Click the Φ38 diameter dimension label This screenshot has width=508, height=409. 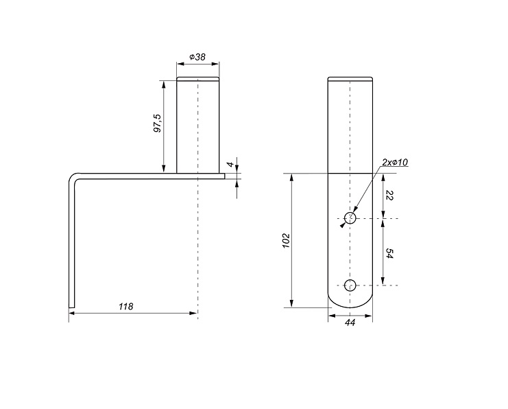(197, 57)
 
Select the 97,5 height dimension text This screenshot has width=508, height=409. (158, 124)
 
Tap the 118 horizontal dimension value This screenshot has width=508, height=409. (125, 307)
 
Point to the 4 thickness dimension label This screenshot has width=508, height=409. (230, 165)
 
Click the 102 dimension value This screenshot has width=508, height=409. (286, 240)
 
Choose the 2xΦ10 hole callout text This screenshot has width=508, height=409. (395, 163)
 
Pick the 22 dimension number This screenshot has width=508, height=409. (390, 196)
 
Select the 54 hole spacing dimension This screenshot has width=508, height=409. (390, 254)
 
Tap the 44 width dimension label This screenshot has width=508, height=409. (350, 323)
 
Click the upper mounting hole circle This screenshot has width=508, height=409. (350, 218)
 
